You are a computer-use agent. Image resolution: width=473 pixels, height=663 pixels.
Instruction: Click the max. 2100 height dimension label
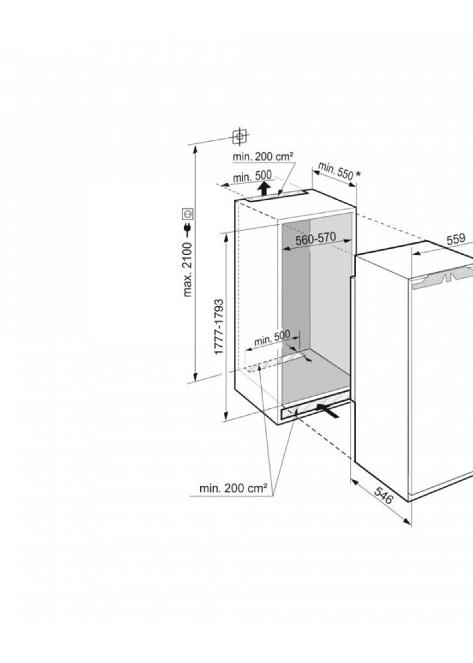tap(188, 269)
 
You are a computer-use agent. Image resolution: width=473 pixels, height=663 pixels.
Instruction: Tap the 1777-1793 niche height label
tap(219, 326)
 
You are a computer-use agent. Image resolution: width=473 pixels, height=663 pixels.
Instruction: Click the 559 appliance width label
tap(456, 239)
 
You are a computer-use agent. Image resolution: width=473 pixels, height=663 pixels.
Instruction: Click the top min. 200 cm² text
tap(263, 157)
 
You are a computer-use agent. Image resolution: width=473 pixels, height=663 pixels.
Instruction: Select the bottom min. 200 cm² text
tap(233, 488)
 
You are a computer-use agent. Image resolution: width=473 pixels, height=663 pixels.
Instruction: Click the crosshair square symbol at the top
tap(239, 136)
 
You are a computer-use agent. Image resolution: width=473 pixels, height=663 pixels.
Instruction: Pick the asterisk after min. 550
tap(358, 174)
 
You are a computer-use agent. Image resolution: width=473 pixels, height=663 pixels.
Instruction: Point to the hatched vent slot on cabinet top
tap(275, 196)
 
